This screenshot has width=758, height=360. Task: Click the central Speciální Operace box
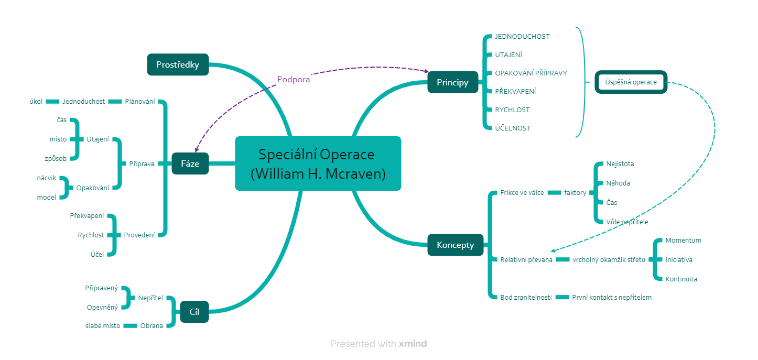(318, 163)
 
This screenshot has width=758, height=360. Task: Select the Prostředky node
(178, 64)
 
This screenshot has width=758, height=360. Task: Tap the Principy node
(453, 82)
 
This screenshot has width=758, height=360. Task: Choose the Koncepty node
(456, 245)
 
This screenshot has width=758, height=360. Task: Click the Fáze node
(190, 164)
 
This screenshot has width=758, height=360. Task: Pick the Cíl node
(194, 312)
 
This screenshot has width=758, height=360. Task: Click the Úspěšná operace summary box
(631, 82)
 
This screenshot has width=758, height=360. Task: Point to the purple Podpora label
(294, 80)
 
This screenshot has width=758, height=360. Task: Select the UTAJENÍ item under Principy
(508, 55)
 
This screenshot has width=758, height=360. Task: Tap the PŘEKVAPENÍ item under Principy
(515, 91)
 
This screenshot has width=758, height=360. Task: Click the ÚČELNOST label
(513, 128)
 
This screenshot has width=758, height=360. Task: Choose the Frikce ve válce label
(522, 192)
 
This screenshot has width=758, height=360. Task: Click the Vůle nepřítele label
(627, 222)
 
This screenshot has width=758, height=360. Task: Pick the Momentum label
(683, 240)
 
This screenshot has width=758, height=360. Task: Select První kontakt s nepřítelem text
(612, 298)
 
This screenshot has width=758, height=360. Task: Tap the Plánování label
(140, 102)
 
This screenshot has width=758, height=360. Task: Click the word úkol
(36, 102)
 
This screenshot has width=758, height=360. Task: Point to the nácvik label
(47, 178)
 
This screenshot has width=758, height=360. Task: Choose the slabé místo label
(103, 326)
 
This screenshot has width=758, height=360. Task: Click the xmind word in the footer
(413, 344)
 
